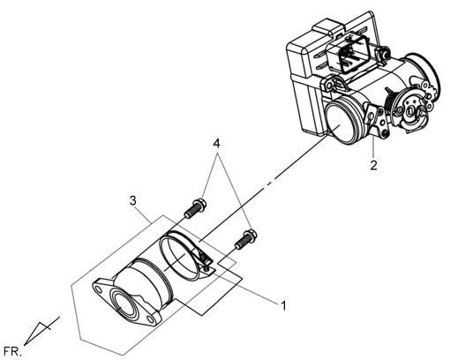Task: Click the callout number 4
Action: coord(216,144)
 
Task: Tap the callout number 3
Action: coord(133,201)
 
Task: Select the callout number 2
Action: coord(373,165)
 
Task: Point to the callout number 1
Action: coord(283,306)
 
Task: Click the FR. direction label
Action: coord(12,352)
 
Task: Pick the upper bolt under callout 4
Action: coord(195,208)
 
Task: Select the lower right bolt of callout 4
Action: coord(246,240)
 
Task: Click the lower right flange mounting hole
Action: coord(150,319)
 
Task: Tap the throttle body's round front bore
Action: coord(339,121)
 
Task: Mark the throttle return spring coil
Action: coord(390,101)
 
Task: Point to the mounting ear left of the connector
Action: coord(328,84)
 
